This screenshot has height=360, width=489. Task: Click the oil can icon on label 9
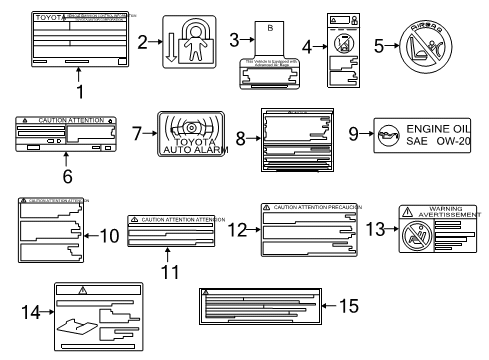(x=389, y=128)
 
